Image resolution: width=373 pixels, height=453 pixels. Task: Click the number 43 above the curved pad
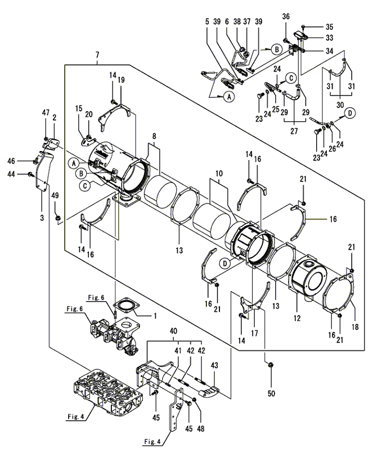tap(214, 365)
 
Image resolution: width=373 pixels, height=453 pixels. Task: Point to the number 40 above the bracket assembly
tap(174, 332)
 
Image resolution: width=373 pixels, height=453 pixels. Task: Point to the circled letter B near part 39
tap(277, 50)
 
